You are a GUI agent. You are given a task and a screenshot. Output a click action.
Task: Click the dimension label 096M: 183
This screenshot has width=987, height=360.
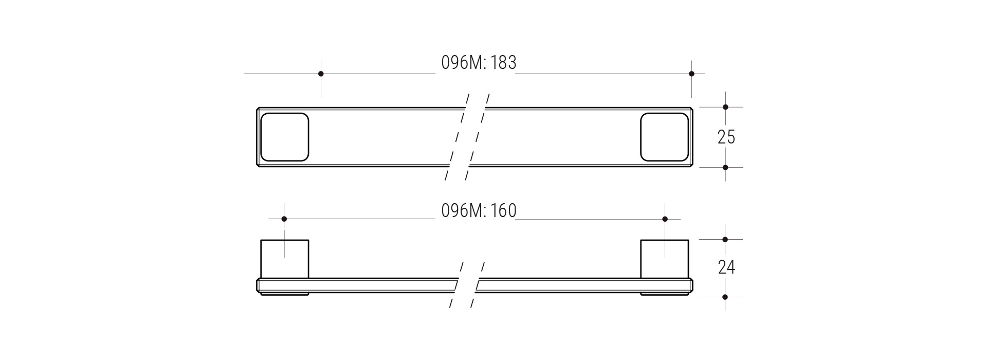pyautogui.click(x=479, y=63)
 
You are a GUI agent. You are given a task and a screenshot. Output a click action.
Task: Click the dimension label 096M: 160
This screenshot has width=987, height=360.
pyautogui.click(x=479, y=211)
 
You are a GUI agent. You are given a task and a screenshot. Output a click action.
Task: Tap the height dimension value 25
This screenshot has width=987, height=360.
pyautogui.click(x=726, y=137)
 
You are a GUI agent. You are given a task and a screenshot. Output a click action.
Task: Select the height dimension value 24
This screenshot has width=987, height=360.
pyautogui.click(x=726, y=267)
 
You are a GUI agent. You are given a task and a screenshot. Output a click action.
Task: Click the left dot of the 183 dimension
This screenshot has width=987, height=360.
pyautogui.click(x=321, y=74)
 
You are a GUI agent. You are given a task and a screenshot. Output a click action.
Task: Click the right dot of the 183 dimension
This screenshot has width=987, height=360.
pyautogui.click(x=691, y=74)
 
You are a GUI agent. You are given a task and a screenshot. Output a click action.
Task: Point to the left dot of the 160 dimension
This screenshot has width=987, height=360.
pyautogui.click(x=284, y=219)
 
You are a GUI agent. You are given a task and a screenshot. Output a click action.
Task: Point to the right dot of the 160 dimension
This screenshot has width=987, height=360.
pyautogui.click(x=665, y=219)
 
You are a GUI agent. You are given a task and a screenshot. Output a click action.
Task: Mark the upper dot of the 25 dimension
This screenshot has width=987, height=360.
pyautogui.click(x=725, y=107)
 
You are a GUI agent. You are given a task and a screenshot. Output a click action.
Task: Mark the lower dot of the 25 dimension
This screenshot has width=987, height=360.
pyautogui.click(x=725, y=167)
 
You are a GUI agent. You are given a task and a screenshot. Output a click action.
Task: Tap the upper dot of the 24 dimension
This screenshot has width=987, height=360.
pyautogui.click(x=725, y=239)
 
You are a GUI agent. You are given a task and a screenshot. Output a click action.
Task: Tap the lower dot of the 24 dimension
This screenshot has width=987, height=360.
pyautogui.click(x=725, y=297)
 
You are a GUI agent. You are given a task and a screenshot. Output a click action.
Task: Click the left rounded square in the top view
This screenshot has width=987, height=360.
pyautogui.click(x=285, y=137)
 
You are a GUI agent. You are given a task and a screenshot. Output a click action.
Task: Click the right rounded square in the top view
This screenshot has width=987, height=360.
pyautogui.click(x=664, y=137)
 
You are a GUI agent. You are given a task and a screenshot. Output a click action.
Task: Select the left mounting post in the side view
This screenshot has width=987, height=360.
pyautogui.click(x=285, y=259)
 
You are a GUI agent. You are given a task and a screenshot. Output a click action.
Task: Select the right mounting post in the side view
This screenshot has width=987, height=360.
pyautogui.click(x=664, y=259)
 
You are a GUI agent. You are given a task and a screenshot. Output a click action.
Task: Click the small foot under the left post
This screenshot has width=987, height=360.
pyautogui.click(x=285, y=294)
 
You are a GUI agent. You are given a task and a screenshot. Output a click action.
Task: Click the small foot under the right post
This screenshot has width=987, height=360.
pyautogui.click(x=664, y=294)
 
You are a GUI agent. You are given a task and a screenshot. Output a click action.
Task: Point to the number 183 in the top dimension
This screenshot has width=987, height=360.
pyautogui.click(x=503, y=63)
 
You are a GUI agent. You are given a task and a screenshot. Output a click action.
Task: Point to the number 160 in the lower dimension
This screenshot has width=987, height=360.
pyautogui.click(x=503, y=211)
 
